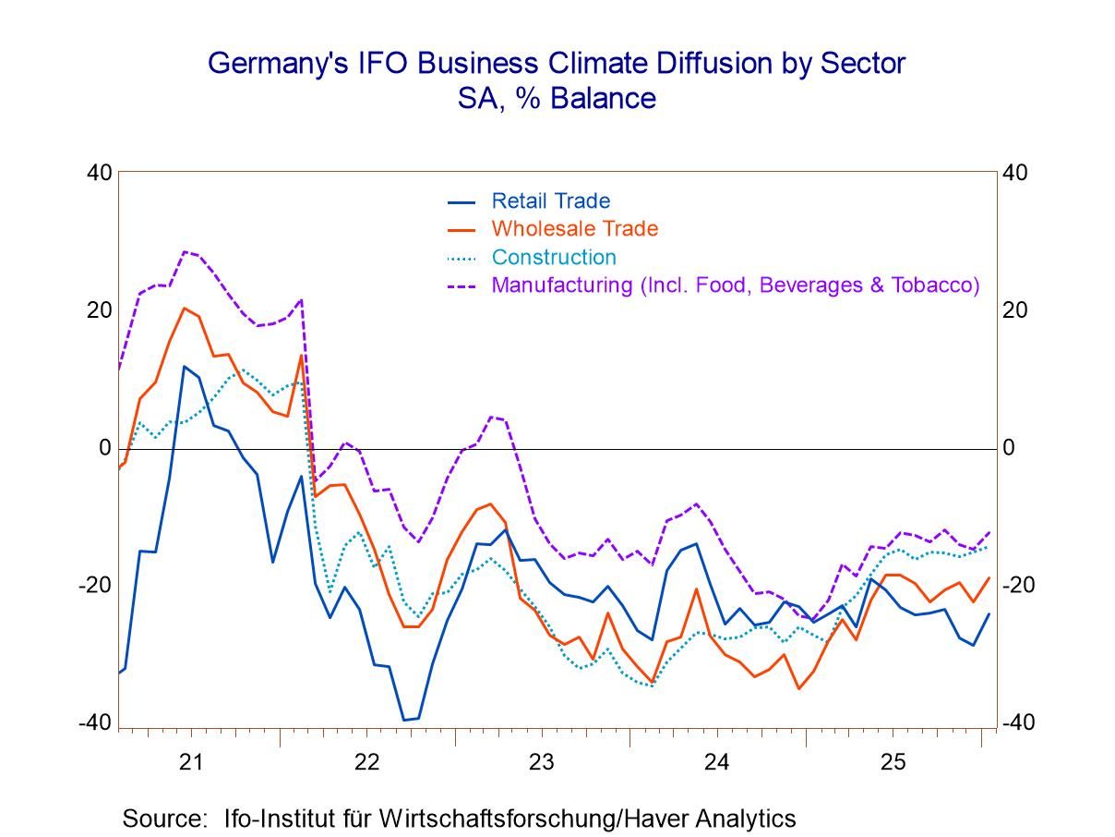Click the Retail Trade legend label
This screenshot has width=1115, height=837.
click(x=550, y=201)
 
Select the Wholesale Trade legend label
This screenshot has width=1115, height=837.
click(x=574, y=229)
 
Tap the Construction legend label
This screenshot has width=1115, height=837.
click(x=554, y=257)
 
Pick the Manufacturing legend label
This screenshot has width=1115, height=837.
click(x=735, y=285)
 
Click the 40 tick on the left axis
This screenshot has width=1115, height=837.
click(x=100, y=173)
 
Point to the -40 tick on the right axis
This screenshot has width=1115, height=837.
click(x=1020, y=723)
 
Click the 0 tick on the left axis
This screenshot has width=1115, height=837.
click(x=105, y=448)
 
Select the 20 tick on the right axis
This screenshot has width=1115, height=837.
click(x=1015, y=310)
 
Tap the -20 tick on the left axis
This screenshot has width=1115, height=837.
click(x=96, y=586)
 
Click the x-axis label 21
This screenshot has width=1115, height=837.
click(x=191, y=763)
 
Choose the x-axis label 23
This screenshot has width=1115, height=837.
click(x=541, y=763)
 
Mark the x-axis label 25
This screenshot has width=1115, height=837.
click(x=892, y=763)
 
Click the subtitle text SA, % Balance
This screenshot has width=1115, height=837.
click(x=557, y=98)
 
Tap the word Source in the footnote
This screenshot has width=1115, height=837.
click(x=162, y=819)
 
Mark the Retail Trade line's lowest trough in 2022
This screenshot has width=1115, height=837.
click(x=404, y=720)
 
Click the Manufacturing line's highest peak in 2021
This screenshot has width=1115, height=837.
click(x=185, y=251)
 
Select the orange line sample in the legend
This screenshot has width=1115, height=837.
click(x=461, y=229)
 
